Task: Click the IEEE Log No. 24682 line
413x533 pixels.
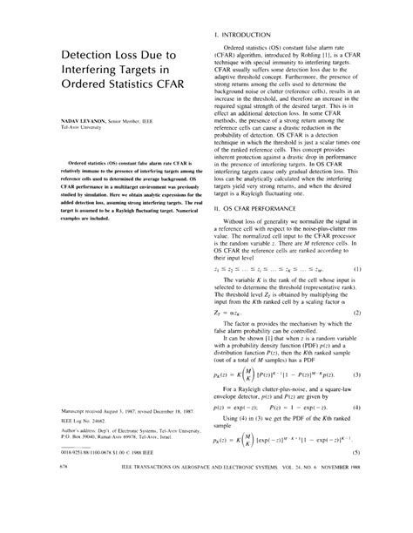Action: (62, 420)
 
